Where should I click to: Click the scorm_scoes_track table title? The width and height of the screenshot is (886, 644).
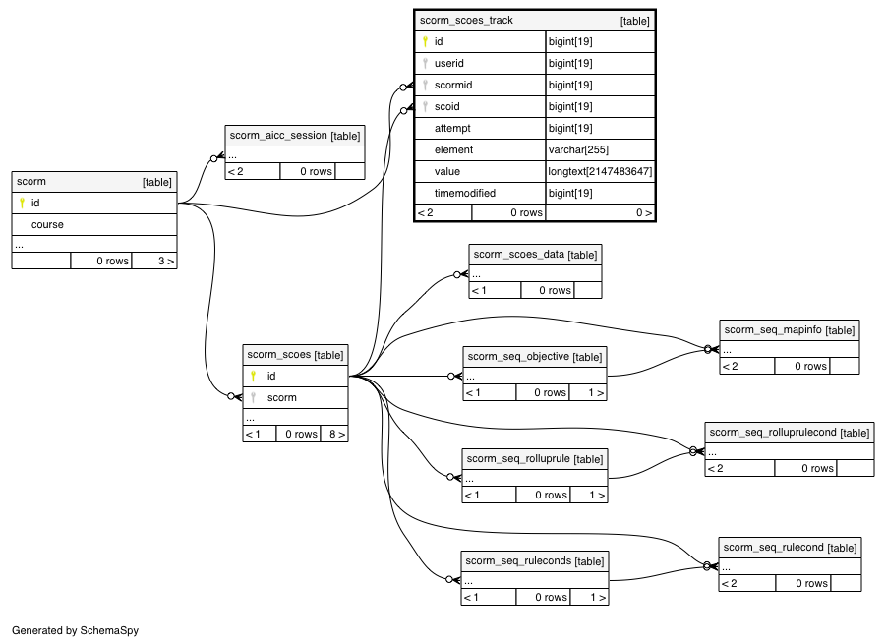[x=466, y=21]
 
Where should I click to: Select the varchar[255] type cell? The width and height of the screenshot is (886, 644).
[x=600, y=149]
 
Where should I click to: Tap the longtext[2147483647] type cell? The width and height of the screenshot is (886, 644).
[x=600, y=171]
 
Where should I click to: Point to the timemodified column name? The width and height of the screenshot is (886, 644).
[x=464, y=193]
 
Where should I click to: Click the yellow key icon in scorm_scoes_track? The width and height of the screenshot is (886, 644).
[x=425, y=42]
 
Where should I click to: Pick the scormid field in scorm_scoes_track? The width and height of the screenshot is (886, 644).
[x=453, y=85]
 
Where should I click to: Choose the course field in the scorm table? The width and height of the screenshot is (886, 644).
[x=47, y=225]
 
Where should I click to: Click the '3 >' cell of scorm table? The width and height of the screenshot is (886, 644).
[x=154, y=261]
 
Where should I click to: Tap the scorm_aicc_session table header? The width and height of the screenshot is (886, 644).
[x=294, y=136]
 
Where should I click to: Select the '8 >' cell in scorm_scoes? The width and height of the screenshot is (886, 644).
[x=334, y=434]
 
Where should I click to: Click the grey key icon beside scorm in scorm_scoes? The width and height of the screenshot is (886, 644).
[x=253, y=397]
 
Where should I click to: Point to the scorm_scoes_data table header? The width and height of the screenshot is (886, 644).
[x=535, y=255]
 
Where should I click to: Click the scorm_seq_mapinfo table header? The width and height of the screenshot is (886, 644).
[x=790, y=330]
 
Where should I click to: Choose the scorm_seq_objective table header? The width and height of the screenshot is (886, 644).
[x=535, y=357]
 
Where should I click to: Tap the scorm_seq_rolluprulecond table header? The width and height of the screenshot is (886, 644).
[x=790, y=433]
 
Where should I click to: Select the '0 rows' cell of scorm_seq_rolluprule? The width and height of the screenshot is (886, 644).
[x=544, y=495]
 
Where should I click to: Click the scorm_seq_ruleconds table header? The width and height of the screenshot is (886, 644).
[x=535, y=561]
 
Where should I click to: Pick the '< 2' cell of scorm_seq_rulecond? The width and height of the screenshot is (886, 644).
[x=747, y=584]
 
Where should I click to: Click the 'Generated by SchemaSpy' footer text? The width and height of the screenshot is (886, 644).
[x=75, y=630]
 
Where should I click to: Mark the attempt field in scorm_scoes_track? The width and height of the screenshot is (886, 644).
[x=452, y=128]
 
